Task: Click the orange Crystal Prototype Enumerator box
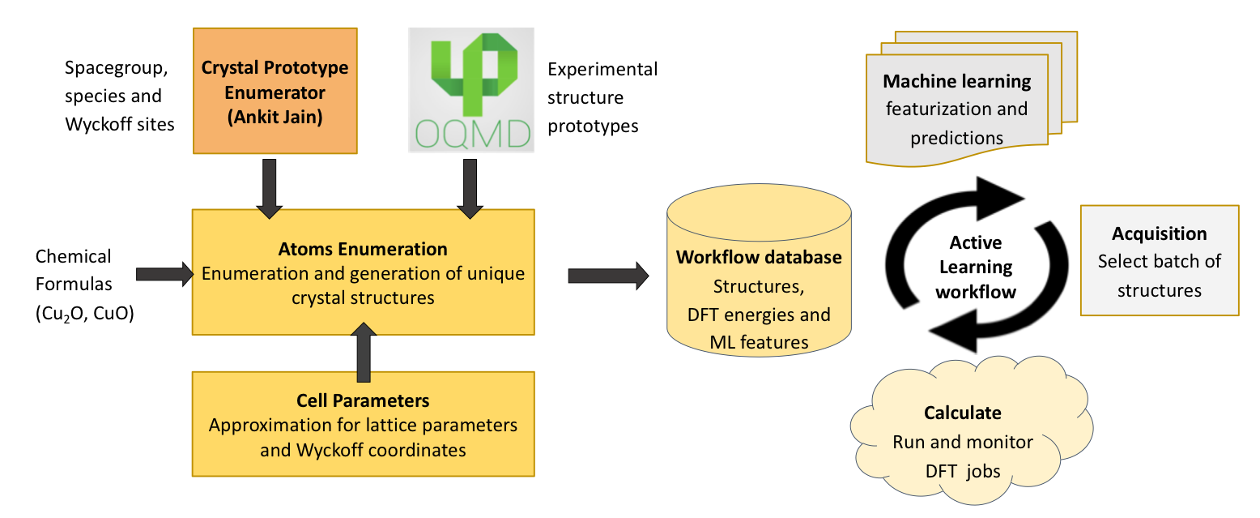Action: pyautogui.click(x=275, y=91)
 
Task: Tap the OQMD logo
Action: pyautogui.click(x=471, y=89)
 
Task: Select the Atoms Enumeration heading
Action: pyautogui.click(x=363, y=250)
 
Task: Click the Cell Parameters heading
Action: pyautogui.click(x=363, y=400)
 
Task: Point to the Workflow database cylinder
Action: pyautogui.click(x=759, y=276)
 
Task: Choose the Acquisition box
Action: pyautogui.click(x=1160, y=260)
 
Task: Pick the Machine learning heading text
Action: pyautogui.click(x=956, y=82)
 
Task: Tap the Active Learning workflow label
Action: pyautogui.click(x=975, y=267)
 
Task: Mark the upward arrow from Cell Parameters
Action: pyautogui.click(x=364, y=350)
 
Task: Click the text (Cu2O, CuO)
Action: pyautogui.click(x=84, y=313)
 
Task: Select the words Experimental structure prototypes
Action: pyautogui.click(x=602, y=97)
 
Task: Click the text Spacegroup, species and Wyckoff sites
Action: pyautogui.click(x=119, y=96)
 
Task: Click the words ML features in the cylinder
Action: pyautogui.click(x=759, y=343)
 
